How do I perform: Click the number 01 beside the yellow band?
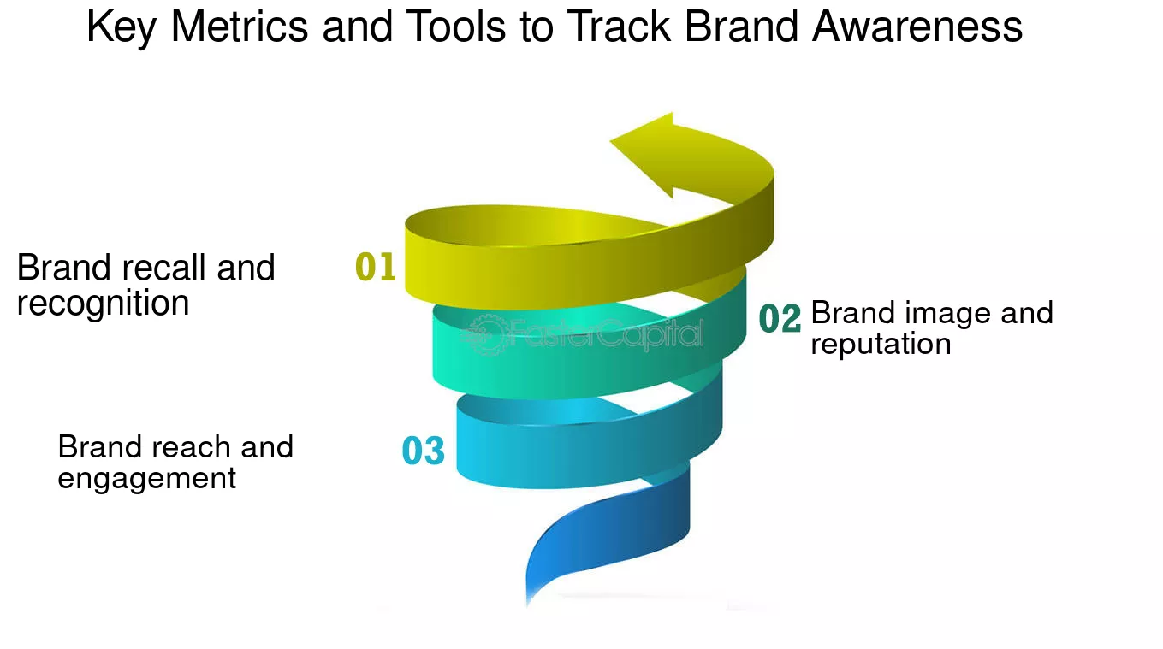click(x=376, y=268)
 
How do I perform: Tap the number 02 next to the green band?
click(x=780, y=319)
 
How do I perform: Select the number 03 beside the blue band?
click(x=424, y=451)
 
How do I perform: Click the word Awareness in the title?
click(x=917, y=27)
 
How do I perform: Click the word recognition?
click(x=103, y=304)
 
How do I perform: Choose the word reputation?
click(x=881, y=344)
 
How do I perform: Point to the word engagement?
click(x=146, y=478)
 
